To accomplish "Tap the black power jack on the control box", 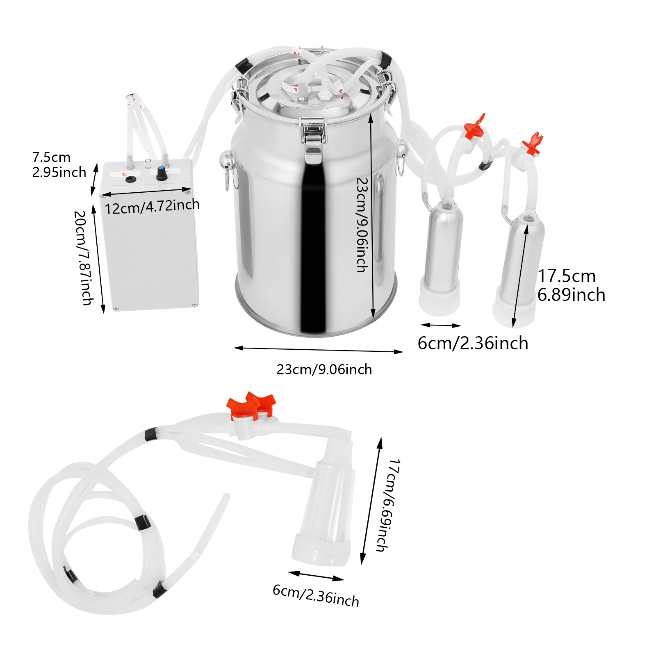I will pyautogui.click(x=132, y=179).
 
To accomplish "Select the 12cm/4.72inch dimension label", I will pyautogui.click(x=152, y=206).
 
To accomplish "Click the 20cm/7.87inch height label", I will pyautogui.click(x=84, y=258).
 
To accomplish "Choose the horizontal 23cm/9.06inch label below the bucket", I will pyautogui.click(x=324, y=369).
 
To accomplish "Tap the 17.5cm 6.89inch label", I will pyautogui.click(x=571, y=285).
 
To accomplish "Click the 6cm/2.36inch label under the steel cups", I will pyautogui.click(x=473, y=343).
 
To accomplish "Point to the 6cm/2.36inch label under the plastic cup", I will pyautogui.click(x=316, y=596).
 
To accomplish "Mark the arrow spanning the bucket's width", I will pyautogui.click(x=318, y=350).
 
